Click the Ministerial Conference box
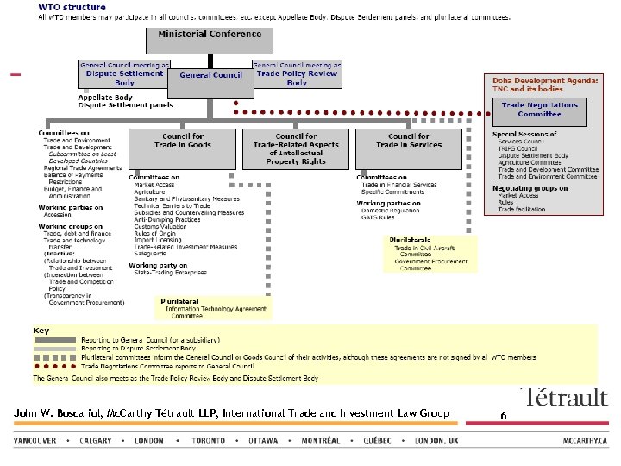(210, 39)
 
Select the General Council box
(210, 75)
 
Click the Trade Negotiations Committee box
(540, 110)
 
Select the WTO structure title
(72, 7)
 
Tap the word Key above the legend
(41, 331)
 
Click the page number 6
(502, 415)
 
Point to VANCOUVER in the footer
(35, 441)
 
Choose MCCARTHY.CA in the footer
(586, 441)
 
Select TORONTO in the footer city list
(210, 441)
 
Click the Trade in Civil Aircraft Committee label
(427, 251)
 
